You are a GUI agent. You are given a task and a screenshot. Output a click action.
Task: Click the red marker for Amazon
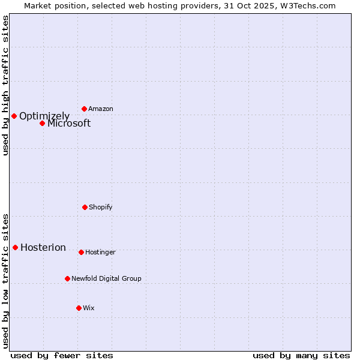(84, 109)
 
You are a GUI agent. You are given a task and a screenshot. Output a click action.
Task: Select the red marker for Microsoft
(42, 123)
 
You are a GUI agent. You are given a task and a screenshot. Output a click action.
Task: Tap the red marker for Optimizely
(14, 116)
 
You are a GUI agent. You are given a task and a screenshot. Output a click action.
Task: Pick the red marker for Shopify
(85, 207)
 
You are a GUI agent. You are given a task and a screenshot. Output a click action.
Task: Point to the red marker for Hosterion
(15, 247)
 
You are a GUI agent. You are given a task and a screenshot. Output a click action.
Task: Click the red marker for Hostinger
(81, 252)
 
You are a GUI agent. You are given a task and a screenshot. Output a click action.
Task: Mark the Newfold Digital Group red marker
(67, 278)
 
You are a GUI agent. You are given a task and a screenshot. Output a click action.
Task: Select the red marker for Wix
(79, 308)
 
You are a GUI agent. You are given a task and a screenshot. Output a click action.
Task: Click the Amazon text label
(101, 109)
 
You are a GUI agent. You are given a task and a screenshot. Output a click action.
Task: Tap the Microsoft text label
(69, 124)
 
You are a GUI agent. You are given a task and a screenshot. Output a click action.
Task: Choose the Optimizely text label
(44, 116)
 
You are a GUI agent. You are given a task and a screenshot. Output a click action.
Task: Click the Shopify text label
(101, 208)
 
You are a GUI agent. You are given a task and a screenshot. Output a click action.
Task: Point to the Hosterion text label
(43, 248)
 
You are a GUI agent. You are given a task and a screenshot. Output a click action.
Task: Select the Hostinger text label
(100, 253)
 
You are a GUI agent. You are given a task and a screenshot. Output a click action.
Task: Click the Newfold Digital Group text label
(106, 279)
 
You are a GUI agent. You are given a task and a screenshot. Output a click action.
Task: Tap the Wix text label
(89, 308)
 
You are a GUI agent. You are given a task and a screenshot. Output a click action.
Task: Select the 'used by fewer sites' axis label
(62, 355)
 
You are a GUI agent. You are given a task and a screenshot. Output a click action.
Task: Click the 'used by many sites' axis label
(301, 355)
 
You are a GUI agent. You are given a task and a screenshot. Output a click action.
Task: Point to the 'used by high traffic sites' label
(6, 85)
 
